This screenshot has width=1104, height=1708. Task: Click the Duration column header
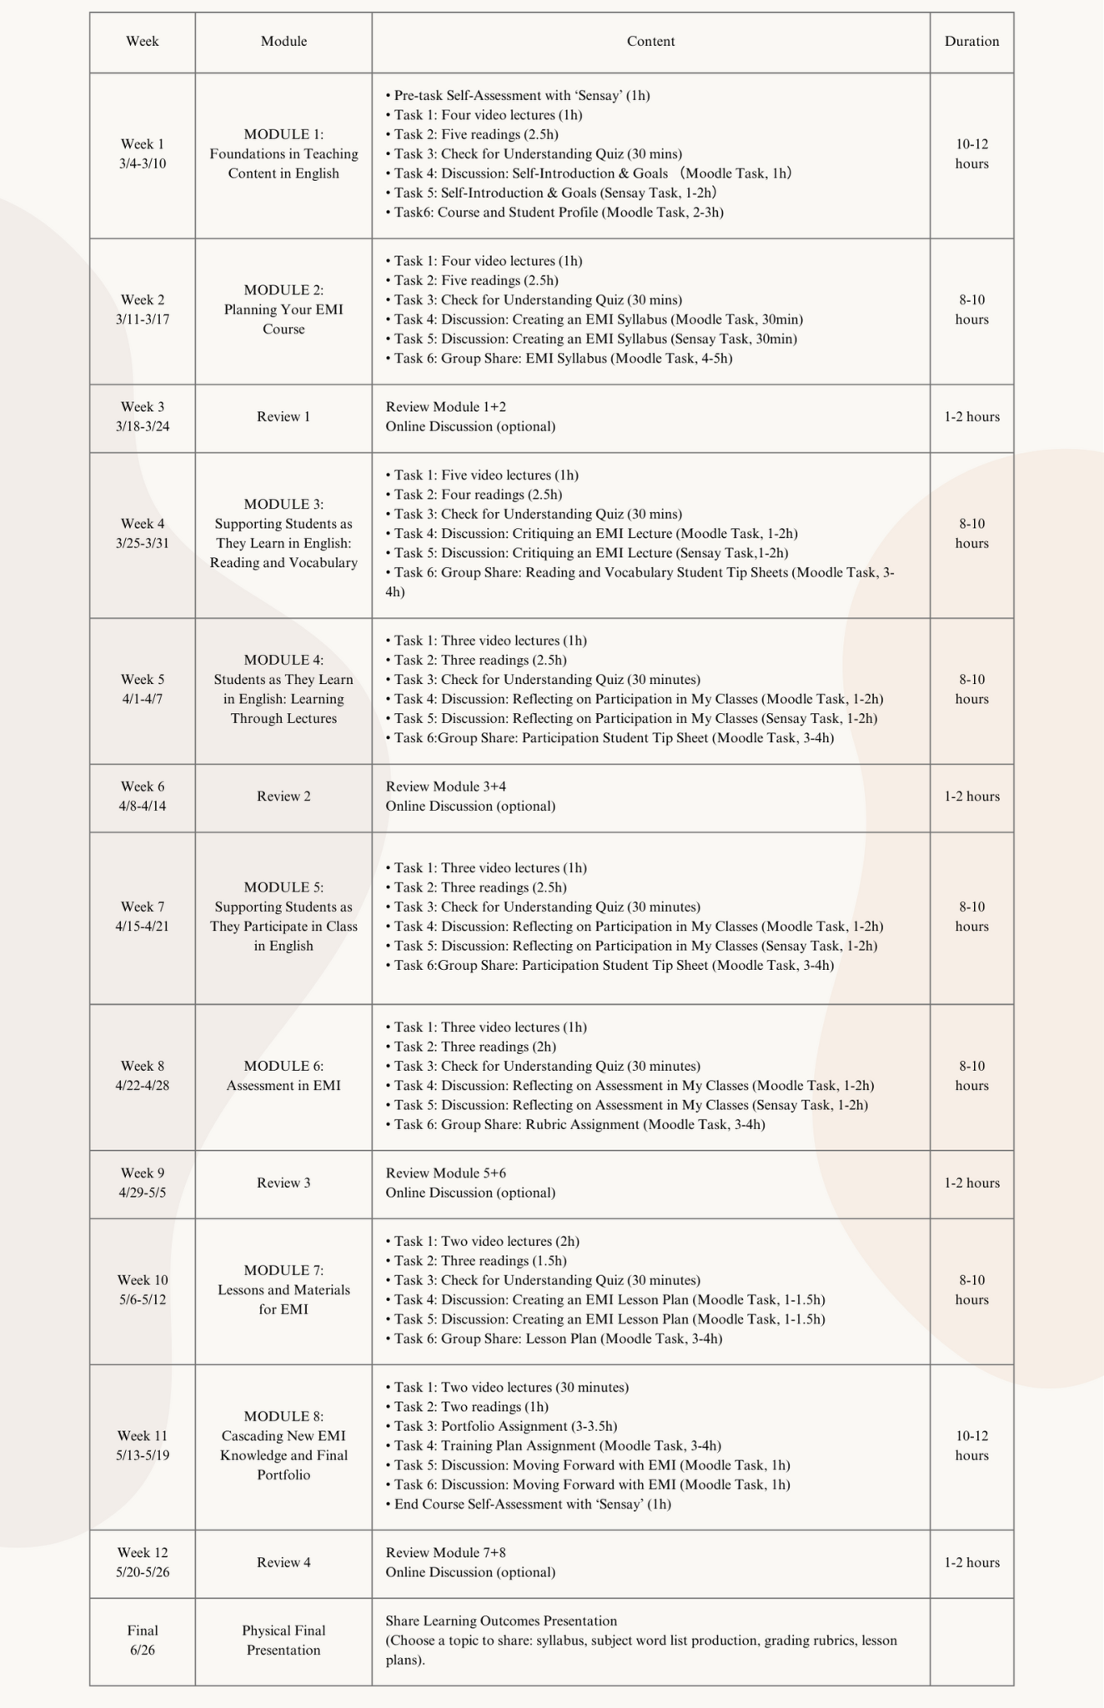coord(971,42)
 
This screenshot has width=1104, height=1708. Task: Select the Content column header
coord(650,42)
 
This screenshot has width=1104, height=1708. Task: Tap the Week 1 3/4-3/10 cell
coord(143,154)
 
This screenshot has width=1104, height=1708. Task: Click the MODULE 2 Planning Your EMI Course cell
coord(284,310)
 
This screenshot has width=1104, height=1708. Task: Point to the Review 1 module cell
coord(284,417)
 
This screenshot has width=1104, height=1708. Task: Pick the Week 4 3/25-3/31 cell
coord(143,534)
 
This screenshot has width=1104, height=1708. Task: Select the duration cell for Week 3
coord(971,417)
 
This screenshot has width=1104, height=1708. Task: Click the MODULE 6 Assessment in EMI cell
coord(284,1076)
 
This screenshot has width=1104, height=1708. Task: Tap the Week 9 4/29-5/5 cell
coord(143,1183)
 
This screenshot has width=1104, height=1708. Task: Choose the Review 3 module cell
coord(284,1183)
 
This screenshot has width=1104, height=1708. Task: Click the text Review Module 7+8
coord(445,1553)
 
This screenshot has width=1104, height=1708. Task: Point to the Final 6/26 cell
coord(143,1640)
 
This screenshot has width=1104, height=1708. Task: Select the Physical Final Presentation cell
coord(284,1640)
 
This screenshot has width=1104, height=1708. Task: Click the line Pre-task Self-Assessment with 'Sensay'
coord(517,96)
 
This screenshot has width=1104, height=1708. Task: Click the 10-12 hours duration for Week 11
coord(971,1446)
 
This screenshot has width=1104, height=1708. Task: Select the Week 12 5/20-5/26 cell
coord(143,1563)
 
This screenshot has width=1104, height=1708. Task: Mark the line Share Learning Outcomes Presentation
coord(501,1621)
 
